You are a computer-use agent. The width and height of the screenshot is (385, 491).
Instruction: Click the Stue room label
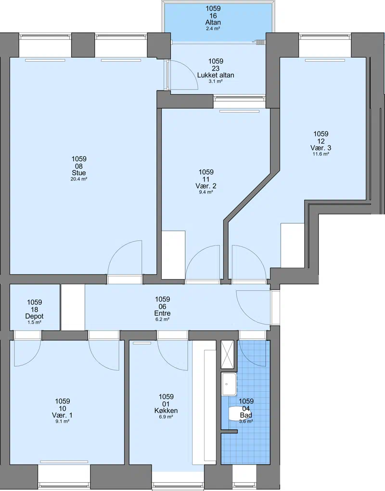pos(78,173)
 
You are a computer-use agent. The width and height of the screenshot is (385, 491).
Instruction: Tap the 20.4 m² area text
pos(78,180)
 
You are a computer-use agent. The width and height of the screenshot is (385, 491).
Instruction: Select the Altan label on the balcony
pos(213,23)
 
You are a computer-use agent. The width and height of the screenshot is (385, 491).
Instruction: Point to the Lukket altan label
pos(216,75)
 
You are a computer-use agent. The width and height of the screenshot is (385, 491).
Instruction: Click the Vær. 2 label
pos(206,186)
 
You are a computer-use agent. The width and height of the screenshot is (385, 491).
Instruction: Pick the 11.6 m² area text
pos(321,154)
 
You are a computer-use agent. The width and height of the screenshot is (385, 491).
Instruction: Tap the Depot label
pos(35,316)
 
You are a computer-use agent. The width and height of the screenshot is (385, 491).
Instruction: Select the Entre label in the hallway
pos(163,313)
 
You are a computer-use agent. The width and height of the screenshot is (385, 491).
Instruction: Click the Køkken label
pos(166,411)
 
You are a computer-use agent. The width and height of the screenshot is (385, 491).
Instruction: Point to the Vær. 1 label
pos(62,415)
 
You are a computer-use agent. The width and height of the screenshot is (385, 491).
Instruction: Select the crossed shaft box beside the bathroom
pos(228,354)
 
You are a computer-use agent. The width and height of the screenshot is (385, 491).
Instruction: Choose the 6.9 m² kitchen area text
pos(166,417)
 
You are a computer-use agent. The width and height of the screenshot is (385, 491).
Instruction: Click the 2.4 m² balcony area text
pos(213,28)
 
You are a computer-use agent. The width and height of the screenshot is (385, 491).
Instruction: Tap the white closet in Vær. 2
pos(173,255)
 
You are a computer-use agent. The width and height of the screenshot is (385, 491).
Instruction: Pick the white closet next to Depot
pos(73,307)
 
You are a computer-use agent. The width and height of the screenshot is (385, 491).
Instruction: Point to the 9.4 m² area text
pos(206,192)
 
